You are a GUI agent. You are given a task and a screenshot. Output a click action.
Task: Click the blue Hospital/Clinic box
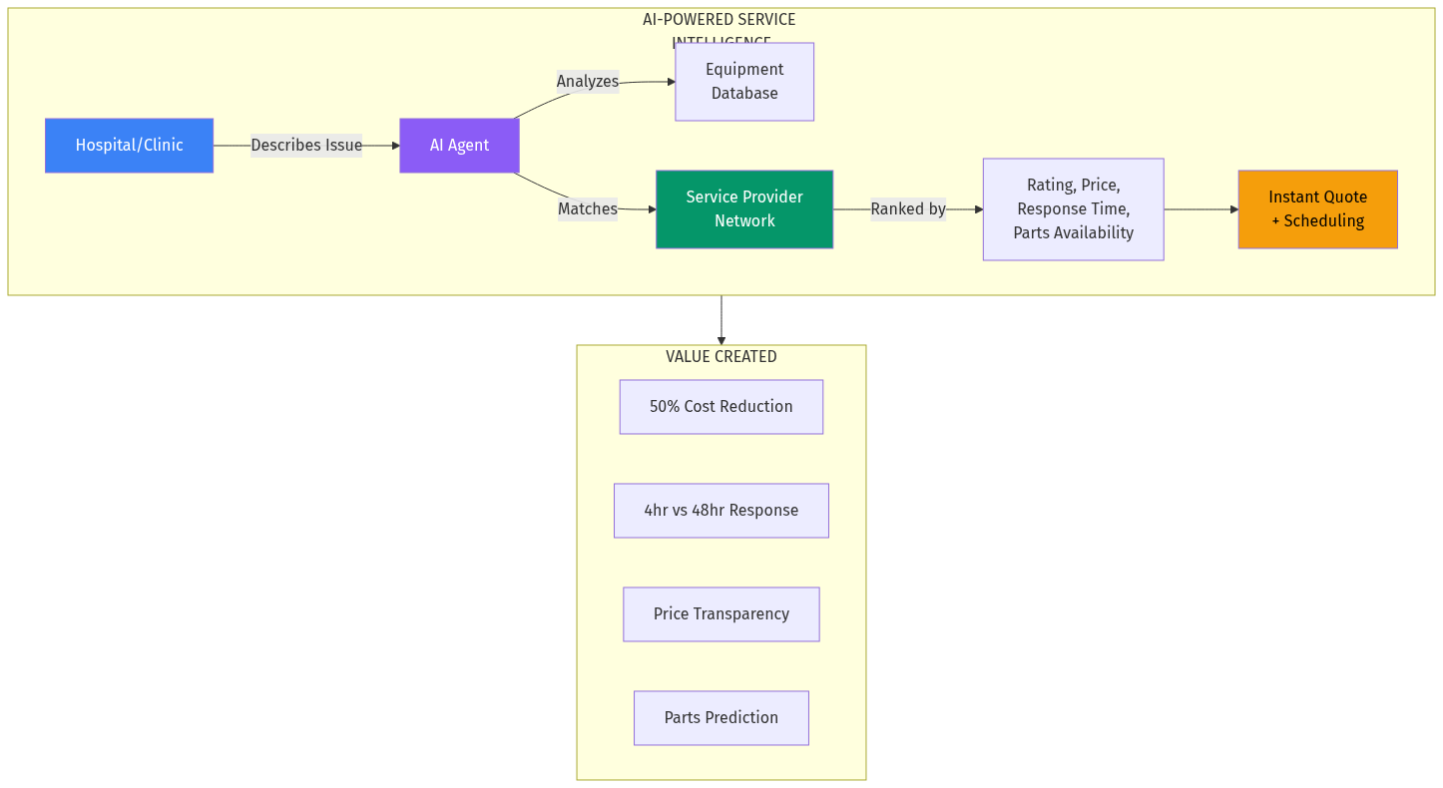129,146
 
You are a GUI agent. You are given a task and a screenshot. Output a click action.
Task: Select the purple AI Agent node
459,146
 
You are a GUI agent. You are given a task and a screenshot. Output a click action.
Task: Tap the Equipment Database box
744,82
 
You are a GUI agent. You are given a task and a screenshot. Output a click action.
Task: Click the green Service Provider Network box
744,209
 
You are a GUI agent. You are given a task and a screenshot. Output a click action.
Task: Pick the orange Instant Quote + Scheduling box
1317,209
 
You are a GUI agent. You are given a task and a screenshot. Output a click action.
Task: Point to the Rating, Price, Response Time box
1073,209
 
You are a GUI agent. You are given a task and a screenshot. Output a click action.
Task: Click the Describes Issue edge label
306,146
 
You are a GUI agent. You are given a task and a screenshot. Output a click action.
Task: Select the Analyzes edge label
587,82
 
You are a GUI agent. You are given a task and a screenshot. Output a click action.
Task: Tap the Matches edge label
587,209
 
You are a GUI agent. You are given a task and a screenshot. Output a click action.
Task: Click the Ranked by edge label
907,209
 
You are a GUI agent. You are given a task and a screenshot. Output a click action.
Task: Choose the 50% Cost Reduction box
721,407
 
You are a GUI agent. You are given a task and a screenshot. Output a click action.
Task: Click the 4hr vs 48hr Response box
721,511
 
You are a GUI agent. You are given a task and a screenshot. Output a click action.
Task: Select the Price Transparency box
721,614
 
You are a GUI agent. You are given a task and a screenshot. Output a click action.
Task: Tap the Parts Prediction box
721,718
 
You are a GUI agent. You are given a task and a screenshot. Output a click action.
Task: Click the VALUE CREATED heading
721,357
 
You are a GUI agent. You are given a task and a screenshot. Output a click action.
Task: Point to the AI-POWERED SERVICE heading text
719,20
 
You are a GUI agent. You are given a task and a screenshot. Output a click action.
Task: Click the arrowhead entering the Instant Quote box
1233,209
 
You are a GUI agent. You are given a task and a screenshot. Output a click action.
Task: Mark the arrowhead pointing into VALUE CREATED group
721,340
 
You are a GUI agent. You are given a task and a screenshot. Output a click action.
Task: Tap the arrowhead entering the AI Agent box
394,146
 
